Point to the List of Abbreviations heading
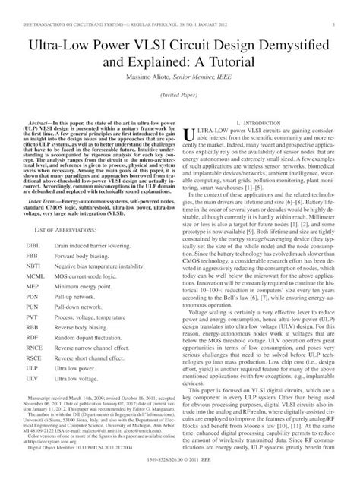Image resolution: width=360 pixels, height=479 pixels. point(60,228)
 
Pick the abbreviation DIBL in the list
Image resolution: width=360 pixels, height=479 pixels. point(34,247)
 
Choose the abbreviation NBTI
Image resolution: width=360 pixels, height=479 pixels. point(34,269)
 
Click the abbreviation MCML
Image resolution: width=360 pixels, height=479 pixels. point(36,279)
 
